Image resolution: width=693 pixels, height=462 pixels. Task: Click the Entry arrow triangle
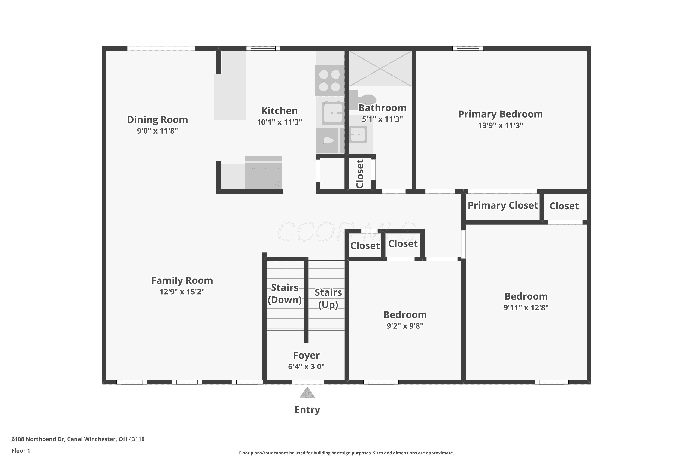click(x=307, y=393)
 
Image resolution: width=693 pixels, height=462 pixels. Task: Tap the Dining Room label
click(x=157, y=120)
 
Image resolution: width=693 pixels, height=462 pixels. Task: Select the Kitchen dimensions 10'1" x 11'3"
click(x=279, y=122)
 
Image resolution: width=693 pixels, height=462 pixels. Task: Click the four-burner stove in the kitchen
click(x=330, y=81)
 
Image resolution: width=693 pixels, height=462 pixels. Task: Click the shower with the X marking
click(x=380, y=69)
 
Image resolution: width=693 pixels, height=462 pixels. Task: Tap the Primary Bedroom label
click(x=500, y=114)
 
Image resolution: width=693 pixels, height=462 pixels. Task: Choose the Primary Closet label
click(x=503, y=205)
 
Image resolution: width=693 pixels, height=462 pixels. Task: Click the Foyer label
click(x=307, y=355)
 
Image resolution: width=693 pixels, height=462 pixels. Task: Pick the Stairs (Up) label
click(x=328, y=298)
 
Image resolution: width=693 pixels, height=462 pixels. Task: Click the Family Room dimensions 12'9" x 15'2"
click(x=182, y=292)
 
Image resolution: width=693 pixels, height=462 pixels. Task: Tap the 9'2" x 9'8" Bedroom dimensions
click(x=405, y=326)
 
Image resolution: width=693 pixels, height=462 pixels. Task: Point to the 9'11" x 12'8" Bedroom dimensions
click(x=526, y=308)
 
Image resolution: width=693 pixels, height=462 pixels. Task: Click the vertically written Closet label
click(x=360, y=174)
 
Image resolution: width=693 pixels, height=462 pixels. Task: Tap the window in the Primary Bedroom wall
click(x=468, y=48)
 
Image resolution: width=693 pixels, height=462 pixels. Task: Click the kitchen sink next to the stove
click(x=333, y=113)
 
